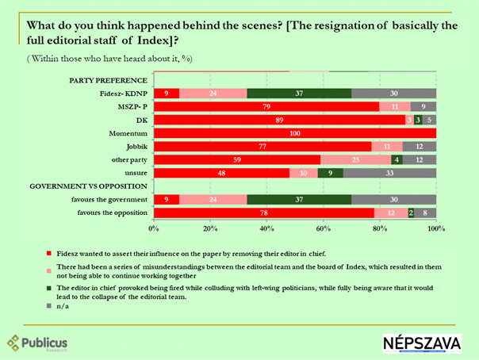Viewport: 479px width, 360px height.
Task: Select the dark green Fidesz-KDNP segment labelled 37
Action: point(299,94)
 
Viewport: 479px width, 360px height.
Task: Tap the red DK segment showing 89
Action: point(279,120)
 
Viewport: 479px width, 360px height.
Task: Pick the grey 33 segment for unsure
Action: point(389,172)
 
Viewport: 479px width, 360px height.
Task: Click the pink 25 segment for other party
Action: point(355,159)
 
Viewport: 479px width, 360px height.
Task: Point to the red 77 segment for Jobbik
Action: point(262,146)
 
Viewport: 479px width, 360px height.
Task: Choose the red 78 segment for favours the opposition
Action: point(264,213)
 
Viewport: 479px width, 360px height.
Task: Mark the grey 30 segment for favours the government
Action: point(393,200)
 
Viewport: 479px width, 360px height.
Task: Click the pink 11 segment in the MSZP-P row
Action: point(395,106)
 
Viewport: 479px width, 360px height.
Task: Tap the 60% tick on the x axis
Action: point(324,229)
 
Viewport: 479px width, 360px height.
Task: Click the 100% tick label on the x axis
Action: point(435,229)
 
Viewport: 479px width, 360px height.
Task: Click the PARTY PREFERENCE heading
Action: point(109,80)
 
